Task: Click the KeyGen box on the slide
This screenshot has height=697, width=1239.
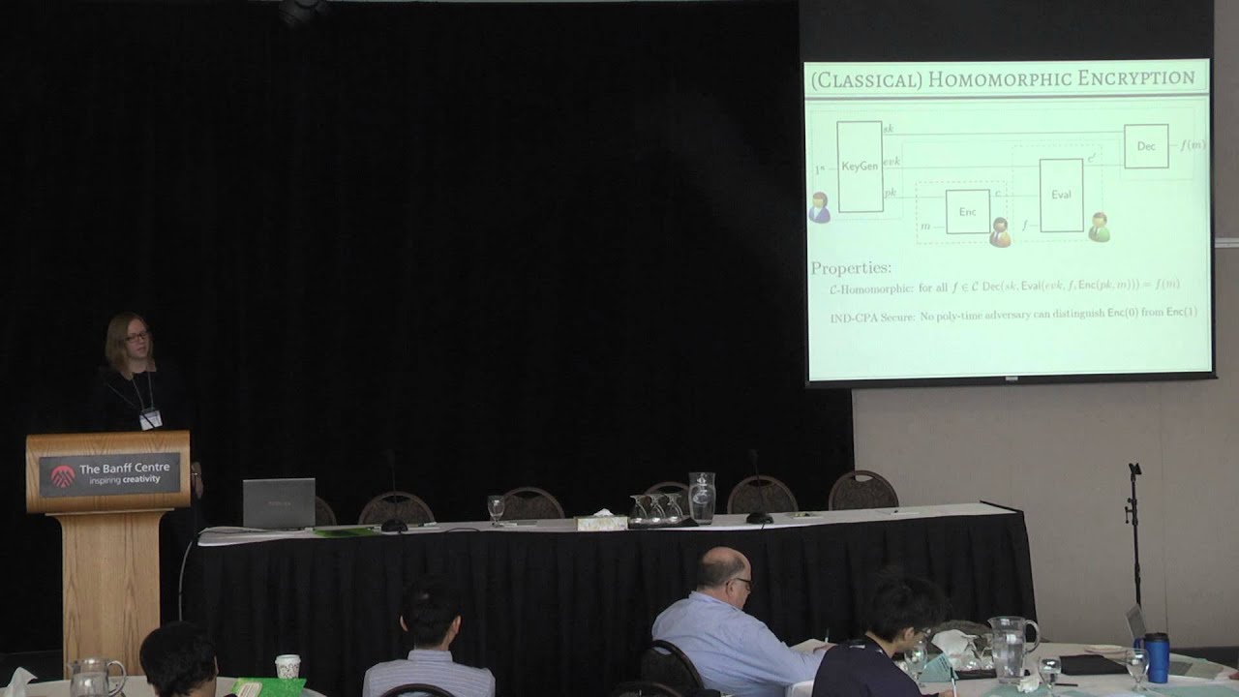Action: [860, 167]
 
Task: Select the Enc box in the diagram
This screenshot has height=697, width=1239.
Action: [967, 211]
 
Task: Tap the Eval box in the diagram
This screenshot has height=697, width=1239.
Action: [1061, 195]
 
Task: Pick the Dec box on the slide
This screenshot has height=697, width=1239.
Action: [1146, 146]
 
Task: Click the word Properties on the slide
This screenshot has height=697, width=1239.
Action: [851, 268]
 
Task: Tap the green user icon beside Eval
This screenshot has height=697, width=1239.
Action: [1099, 227]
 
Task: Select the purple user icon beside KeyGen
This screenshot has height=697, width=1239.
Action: [820, 207]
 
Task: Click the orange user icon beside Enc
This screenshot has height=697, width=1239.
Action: [1000, 231]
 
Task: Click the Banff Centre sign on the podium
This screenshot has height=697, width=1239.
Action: [108, 472]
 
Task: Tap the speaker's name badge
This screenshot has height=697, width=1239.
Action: [150, 418]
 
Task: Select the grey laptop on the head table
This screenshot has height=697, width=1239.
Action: [279, 503]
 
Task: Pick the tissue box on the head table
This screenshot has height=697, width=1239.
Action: [601, 522]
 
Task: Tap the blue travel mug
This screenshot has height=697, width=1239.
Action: [1156, 657]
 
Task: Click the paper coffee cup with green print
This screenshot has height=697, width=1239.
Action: [287, 666]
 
